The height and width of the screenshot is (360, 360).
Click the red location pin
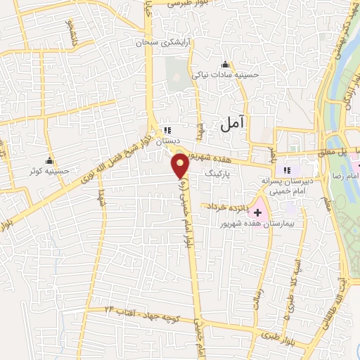point(180,166)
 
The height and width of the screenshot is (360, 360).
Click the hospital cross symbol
point(257,212)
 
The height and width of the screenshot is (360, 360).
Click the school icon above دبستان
point(167,129)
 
